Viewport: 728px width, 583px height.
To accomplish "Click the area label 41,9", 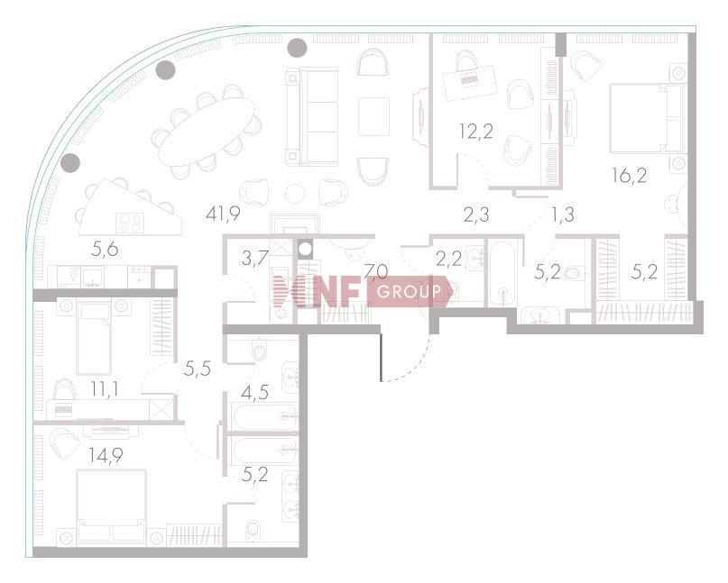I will [x=225, y=214].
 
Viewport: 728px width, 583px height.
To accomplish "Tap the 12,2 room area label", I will [x=475, y=132].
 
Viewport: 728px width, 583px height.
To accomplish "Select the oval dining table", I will [x=207, y=132].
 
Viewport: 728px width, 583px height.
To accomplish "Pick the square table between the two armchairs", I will [x=373, y=116].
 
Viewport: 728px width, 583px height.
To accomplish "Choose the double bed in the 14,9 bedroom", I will [x=111, y=506].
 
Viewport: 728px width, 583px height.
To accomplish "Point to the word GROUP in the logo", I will [x=409, y=292].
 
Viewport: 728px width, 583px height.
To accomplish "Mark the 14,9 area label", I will [x=106, y=453].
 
